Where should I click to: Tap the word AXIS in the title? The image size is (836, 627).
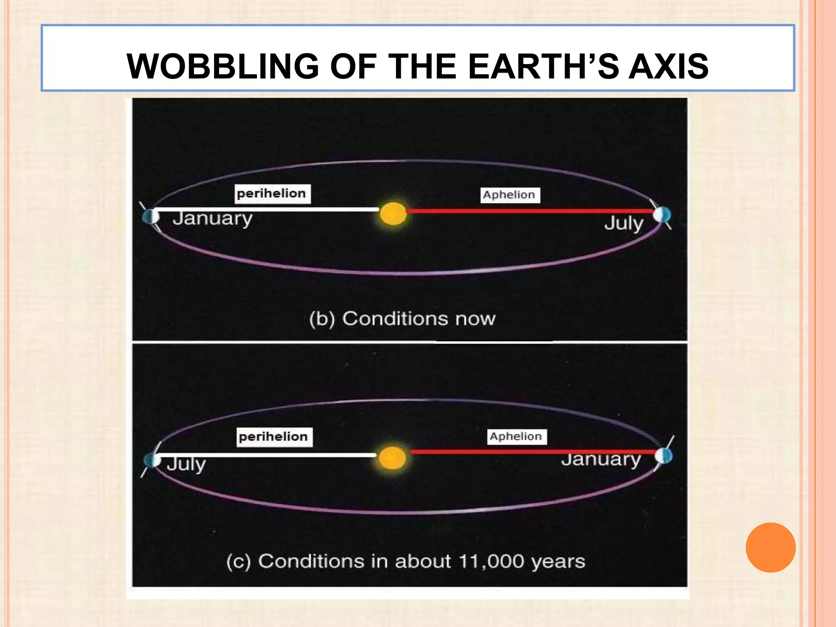[x=668, y=67]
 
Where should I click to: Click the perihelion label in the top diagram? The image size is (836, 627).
[x=272, y=193]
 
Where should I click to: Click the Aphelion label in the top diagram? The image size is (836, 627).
[x=509, y=195]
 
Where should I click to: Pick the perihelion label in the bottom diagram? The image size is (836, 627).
[x=274, y=437]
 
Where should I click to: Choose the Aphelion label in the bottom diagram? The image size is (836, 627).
[x=516, y=436]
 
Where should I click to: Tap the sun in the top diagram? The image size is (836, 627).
[x=393, y=213]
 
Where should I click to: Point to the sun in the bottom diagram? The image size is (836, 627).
[x=392, y=458]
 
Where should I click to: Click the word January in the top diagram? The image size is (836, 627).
[x=213, y=218]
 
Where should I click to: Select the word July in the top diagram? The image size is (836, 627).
[x=624, y=223]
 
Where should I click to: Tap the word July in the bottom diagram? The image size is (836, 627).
[x=186, y=464]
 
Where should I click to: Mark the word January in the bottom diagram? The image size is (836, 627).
[x=601, y=459]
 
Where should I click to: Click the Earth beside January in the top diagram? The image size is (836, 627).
[x=151, y=216]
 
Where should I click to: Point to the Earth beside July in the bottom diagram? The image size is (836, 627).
[x=153, y=460]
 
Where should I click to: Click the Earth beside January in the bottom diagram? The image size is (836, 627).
[x=664, y=456]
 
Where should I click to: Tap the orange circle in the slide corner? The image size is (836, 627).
[x=770, y=547]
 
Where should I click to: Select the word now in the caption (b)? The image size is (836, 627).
[x=475, y=318]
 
